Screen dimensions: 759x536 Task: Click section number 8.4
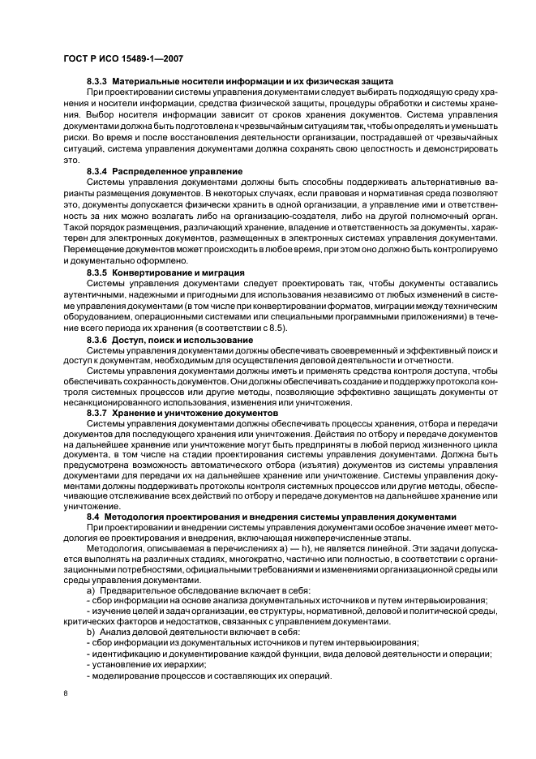(x=92, y=517)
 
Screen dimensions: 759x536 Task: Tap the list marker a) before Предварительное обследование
(x=90, y=590)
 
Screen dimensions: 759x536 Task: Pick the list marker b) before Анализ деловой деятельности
(x=90, y=631)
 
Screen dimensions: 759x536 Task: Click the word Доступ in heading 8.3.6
(x=130, y=338)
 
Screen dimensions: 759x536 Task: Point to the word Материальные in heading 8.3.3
(x=146, y=82)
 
